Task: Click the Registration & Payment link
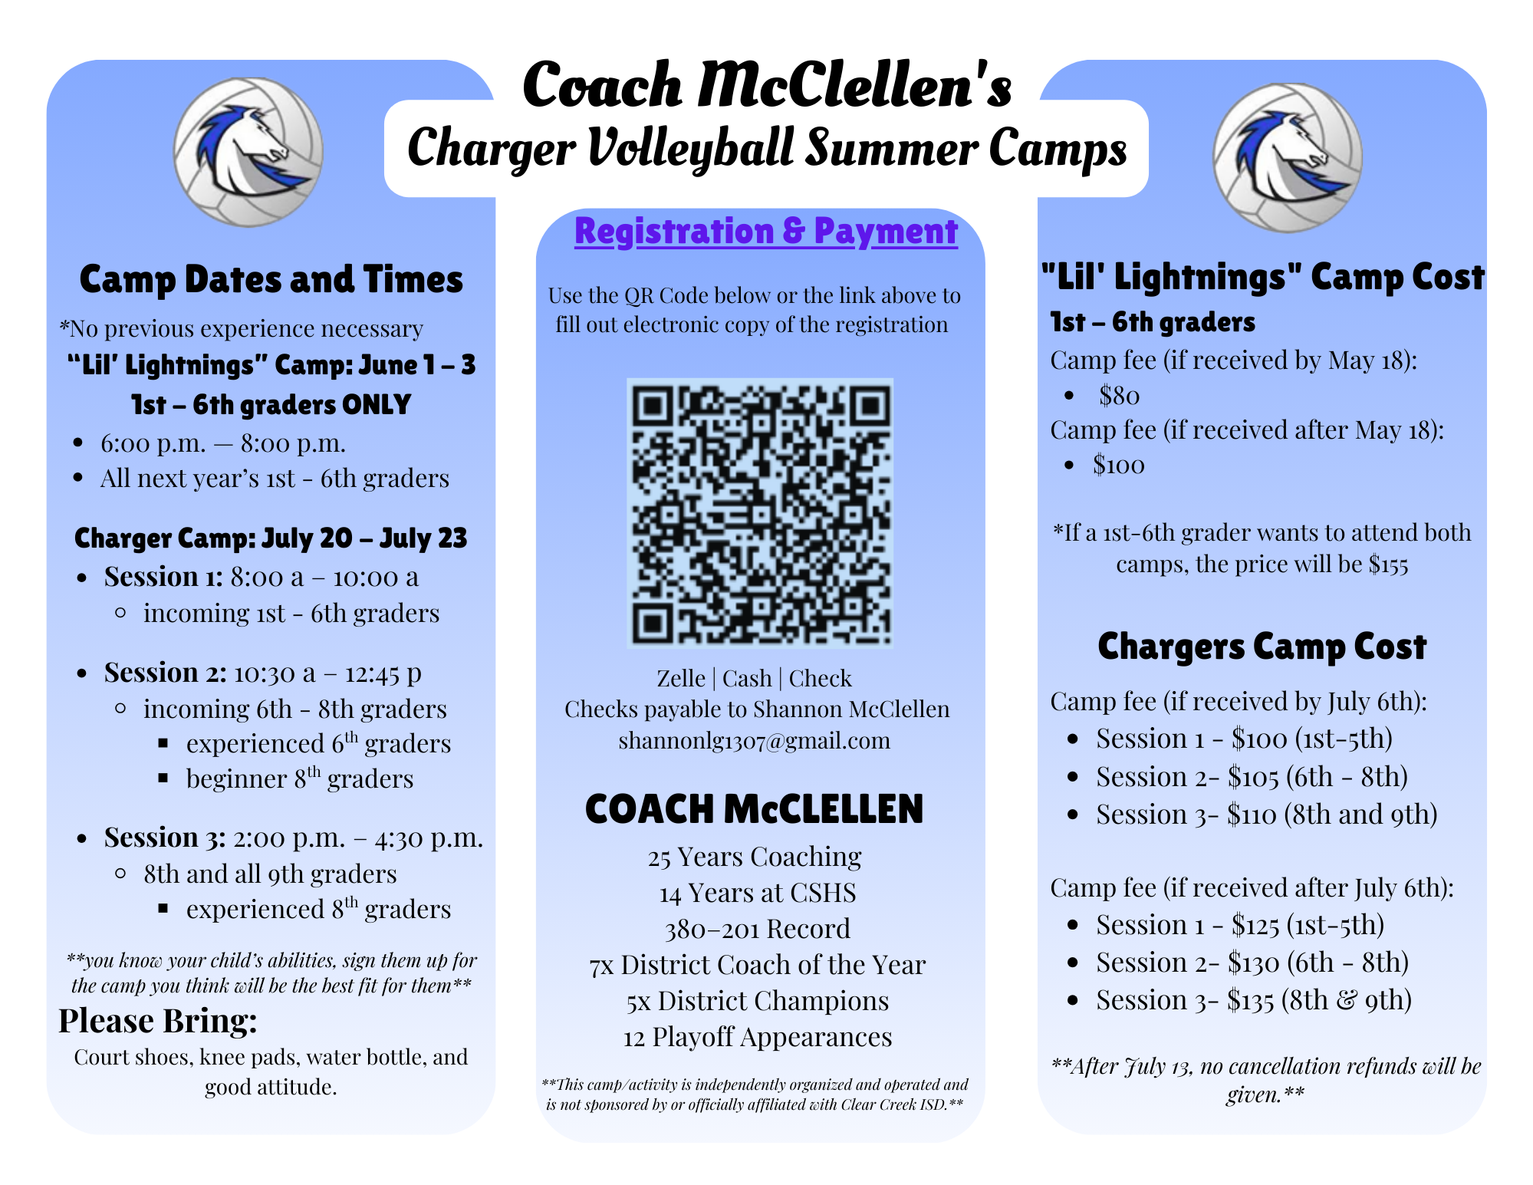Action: pyautogui.click(x=766, y=231)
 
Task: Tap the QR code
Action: pyautogui.click(x=760, y=513)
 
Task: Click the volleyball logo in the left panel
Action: pyautogui.click(x=248, y=152)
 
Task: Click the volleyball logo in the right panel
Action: pyautogui.click(x=1287, y=157)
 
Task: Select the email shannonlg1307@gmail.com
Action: pyautogui.click(x=755, y=741)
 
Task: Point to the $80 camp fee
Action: pyautogui.click(x=1119, y=396)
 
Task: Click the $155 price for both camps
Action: pyautogui.click(x=1389, y=565)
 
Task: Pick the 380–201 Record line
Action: pyautogui.click(x=758, y=929)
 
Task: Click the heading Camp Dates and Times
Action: pyautogui.click(x=271, y=279)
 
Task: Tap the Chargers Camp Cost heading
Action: pyautogui.click(x=1262, y=647)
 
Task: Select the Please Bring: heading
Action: pyautogui.click(x=158, y=1022)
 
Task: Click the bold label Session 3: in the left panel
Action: pyautogui.click(x=165, y=837)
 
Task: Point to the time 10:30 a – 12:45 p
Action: pyautogui.click(x=327, y=673)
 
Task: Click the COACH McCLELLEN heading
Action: pyautogui.click(x=755, y=809)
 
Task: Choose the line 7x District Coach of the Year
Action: pyautogui.click(x=758, y=965)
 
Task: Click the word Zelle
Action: pyautogui.click(x=681, y=679)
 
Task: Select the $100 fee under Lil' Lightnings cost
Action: pyautogui.click(x=1119, y=465)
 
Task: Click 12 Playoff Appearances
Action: pyautogui.click(x=758, y=1037)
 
